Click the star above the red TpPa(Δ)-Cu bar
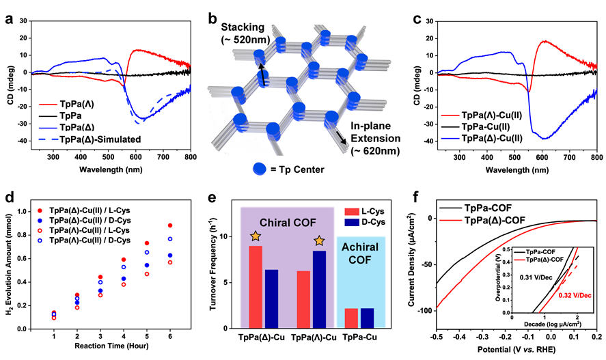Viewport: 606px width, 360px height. click(255, 236)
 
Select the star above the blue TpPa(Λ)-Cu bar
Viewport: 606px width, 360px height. click(318, 241)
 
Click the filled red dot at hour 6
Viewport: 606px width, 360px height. click(169, 225)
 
